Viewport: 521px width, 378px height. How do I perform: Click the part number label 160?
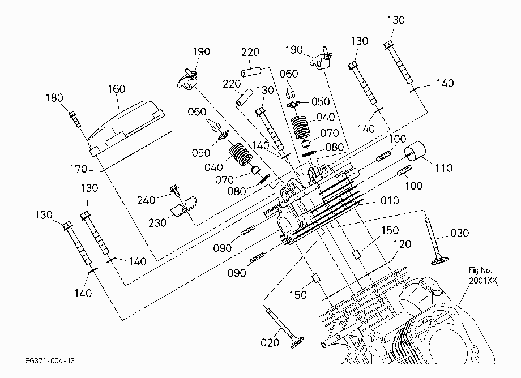(117, 89)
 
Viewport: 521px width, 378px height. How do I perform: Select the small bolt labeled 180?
(75, 119)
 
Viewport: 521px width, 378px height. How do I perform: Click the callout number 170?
(78, 169)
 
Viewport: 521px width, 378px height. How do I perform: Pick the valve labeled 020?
(286, 329)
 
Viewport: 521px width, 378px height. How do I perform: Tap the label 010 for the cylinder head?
(390, 201)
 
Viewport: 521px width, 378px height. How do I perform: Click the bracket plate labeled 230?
(183, 206)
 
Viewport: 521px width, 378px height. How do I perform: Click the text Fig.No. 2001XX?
(483, 276)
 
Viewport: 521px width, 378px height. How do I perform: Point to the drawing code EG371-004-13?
(50, 361)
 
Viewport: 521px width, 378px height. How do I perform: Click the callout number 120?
(402, 244)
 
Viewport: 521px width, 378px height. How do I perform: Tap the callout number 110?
(443, 168)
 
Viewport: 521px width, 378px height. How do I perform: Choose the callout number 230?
(157, 223)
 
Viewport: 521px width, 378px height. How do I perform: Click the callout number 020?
(270, 342)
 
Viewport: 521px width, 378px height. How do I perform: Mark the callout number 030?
(459, 233)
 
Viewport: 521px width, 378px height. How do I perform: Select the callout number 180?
(54, 98)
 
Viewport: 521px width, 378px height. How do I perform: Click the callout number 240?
(146, 200)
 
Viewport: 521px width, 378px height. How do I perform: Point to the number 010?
(390, 201)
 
